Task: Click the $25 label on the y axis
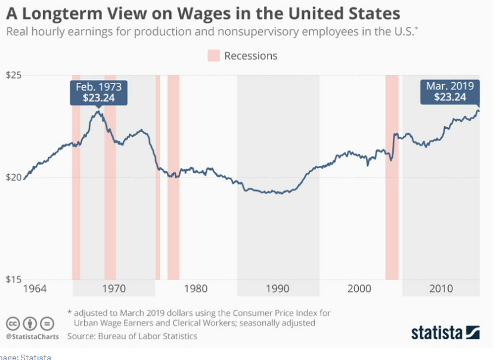13,76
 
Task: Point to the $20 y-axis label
13,178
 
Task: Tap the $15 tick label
13,280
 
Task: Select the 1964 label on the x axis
34,288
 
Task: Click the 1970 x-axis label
114,288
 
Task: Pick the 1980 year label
195,288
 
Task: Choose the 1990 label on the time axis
277,288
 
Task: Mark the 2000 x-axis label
359,288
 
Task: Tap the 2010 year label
440,288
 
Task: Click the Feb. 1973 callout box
98,92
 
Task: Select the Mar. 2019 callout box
450,92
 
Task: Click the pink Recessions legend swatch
213,56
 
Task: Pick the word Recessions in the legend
251,56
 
